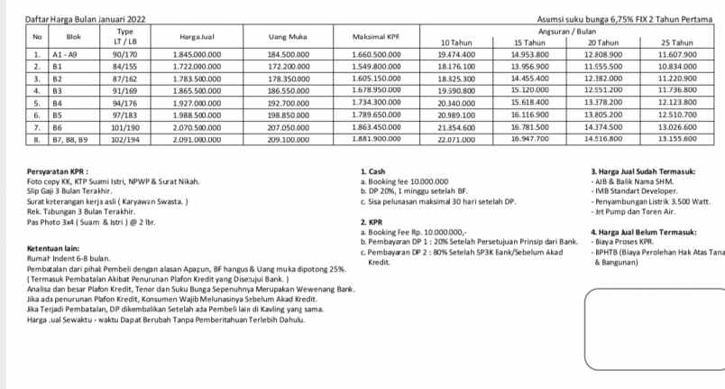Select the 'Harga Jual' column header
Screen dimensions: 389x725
click(x=195, y=37)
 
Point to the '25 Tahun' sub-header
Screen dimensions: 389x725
click(x=676, y=42)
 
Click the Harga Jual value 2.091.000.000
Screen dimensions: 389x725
click(x=196, y=140)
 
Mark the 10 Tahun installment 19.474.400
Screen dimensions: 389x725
click(x=455, y=55)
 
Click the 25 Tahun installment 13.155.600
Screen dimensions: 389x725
click(x=676, y=139)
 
